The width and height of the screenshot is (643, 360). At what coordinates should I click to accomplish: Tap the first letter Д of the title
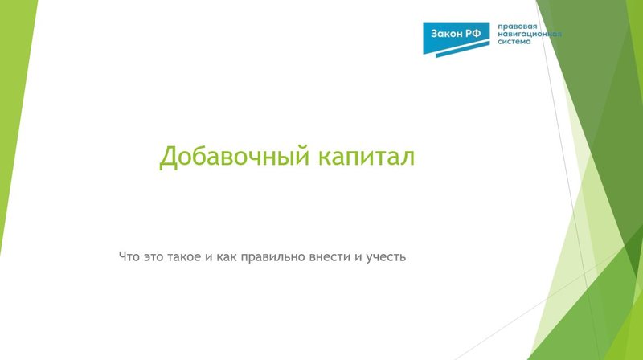(167, 157)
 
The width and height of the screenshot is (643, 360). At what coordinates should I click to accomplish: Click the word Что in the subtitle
(129, 257)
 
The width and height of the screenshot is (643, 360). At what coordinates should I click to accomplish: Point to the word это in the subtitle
(157, 257)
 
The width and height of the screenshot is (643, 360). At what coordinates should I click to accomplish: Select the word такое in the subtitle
(192, 257)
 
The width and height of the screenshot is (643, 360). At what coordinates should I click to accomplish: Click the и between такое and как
(219, 257)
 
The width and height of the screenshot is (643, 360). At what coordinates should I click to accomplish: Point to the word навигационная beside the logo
(530, 35)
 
